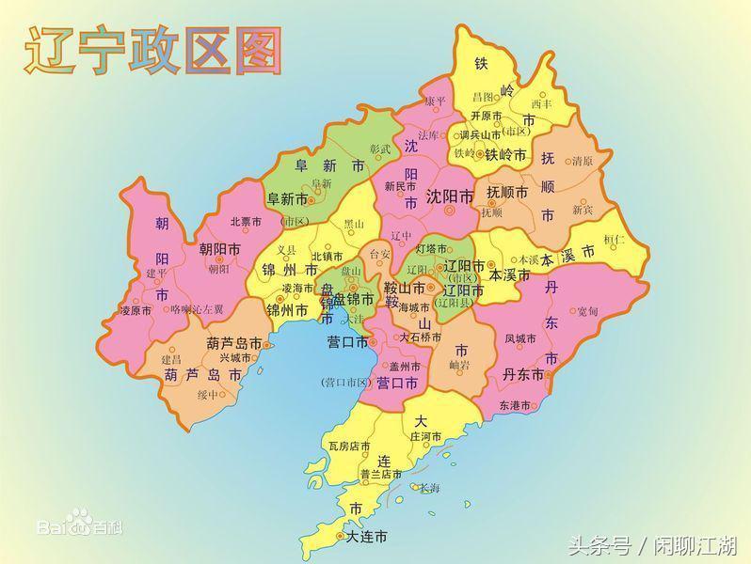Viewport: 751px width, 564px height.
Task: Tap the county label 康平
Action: click(434, 101)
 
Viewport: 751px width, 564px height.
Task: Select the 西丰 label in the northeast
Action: click(541, 103)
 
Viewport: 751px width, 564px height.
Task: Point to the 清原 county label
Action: click(583, 161)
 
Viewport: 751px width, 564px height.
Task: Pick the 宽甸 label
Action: click(587, 310)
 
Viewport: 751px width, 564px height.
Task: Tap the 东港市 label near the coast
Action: click(516, 405)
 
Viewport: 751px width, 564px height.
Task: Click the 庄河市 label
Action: click(426, 436)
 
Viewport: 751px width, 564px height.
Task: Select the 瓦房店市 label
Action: click(349, 446)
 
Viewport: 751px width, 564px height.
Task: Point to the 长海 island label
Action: click(429, 488)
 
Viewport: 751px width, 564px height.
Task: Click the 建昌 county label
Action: click(170, 359)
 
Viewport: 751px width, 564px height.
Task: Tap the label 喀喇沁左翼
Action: click(197, 308)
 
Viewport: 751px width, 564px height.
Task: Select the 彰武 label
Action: click(379, 149)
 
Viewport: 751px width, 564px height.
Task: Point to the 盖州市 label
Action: click(406, 366)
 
